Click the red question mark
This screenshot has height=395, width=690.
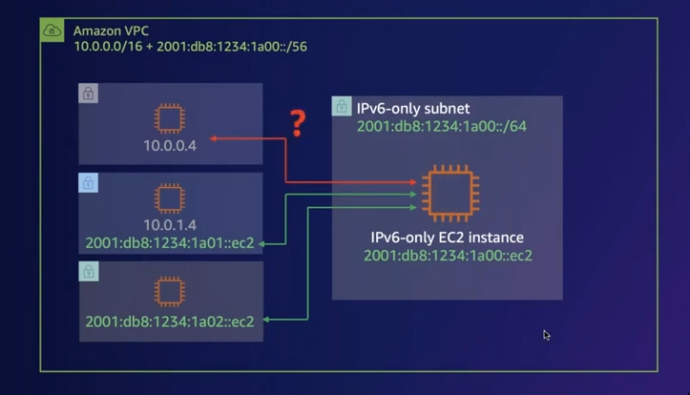tap(297, 123)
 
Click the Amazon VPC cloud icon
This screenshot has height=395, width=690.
tap(52, 31)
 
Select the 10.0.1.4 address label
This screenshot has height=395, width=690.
tap(170, 225)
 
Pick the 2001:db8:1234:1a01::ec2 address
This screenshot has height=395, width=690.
tap(170, 242)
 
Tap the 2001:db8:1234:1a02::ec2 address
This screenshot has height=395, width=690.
tap(170, 321)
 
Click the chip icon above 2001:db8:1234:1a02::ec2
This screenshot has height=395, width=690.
tap(170, 290)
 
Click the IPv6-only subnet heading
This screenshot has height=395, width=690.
tap(413, 109)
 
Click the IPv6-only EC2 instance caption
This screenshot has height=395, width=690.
tap(447, 237)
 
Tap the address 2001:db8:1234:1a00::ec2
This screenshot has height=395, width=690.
tap(447, 255)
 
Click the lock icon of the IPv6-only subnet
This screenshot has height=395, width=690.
tap(341, 107)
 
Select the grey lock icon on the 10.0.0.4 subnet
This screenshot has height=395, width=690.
tap(88, 94)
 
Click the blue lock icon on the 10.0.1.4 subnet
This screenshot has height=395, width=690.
tap(88, 182)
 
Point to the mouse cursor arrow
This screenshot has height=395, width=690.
tap(547, 335)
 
